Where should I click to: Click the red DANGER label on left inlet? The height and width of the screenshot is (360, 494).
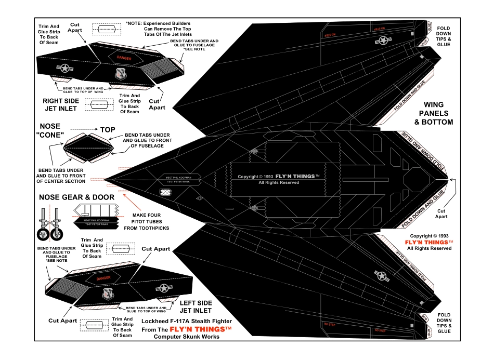(103, 278)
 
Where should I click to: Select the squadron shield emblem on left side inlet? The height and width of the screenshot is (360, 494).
(109, 295)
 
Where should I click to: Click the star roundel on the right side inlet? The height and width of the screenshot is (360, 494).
(65, 68)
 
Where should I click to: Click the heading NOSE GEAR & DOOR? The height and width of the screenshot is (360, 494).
(77, 197)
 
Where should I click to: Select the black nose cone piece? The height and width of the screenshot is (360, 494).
(88, 148)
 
